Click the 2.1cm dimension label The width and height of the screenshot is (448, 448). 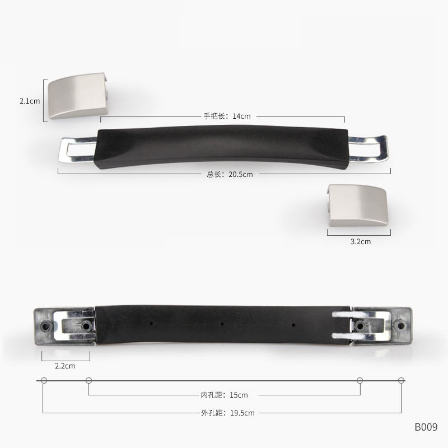pos(30,101)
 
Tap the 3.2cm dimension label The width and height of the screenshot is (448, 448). pos(361,241)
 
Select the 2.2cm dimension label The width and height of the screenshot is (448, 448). pos(65,366)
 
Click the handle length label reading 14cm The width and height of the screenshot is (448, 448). pos(227,116)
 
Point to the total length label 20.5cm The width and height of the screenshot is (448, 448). pos(230,174)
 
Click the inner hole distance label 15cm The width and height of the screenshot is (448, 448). pos(225,395)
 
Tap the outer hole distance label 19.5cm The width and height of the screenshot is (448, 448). pos(228,413)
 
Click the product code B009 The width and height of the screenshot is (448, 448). pos(426,427)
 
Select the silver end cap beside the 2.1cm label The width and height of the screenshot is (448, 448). pos(78,96)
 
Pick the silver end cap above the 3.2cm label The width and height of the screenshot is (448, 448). pos(357,205)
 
